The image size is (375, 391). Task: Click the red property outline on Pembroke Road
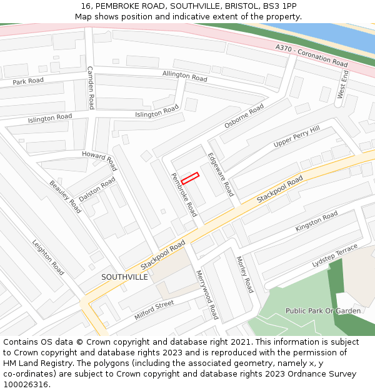pos(190,178)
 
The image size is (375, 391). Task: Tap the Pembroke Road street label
pos(184,195)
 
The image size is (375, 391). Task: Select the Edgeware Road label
pos(221,175)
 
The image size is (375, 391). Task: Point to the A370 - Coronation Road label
pos(311,56)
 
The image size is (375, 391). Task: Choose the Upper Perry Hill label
pos(296,137)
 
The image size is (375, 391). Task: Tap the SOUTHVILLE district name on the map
pos(125,277)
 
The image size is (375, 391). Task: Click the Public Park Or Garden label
pos(323,310)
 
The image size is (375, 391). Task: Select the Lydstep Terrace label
pos(335,256)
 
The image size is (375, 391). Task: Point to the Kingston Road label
pos(316,221)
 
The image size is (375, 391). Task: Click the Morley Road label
pos(244,274)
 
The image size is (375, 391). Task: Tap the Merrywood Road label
pos(207,295)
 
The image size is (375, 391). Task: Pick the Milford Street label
pos(154,310)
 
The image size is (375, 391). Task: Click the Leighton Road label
pos(48,258)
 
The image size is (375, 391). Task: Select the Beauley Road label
pos(65,197)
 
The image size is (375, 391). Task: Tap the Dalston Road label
pos(97,188)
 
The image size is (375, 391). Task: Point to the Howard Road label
pos(100,160)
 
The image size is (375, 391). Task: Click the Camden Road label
pos(91,88)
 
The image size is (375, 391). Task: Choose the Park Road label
pos(28,81)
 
